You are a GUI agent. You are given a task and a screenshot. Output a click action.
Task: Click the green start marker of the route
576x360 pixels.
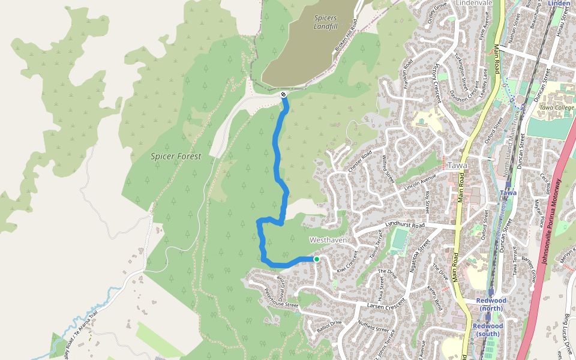pos(316,259)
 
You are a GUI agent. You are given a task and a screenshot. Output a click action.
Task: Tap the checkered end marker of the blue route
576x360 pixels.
pos(284,95)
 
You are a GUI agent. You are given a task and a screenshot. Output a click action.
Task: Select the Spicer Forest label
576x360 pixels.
pos(175,156)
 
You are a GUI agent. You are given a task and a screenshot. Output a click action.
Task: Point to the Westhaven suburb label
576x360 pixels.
pos(328,239)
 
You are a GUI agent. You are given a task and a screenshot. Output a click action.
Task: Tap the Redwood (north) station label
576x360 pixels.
pos(491,304)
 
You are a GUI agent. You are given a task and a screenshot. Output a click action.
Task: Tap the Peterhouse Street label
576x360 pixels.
pos(281,298)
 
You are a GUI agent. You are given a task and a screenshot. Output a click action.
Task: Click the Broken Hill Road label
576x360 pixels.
pos(346,35)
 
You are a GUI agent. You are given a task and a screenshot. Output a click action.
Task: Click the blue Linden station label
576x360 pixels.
pos(559,4)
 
